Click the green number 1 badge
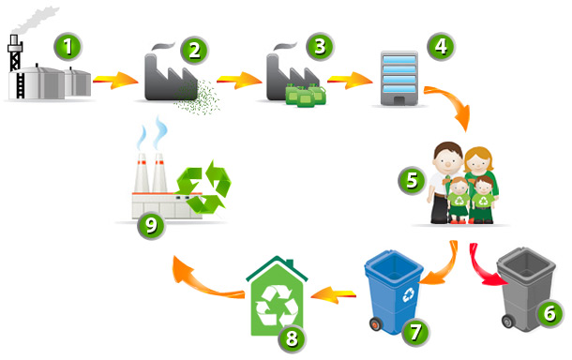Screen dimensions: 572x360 click(68, 47)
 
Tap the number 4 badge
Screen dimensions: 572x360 click(441, 46)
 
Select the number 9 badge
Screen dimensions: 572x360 click(151, 225)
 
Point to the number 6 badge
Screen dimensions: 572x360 click(549, 313)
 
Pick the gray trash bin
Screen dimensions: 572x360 click(525, 288)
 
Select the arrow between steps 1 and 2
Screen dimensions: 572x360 click(116, 80)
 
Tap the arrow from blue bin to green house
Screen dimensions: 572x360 click(333, 294)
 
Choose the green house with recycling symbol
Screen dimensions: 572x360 click(278, 296)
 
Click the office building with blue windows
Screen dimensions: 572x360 click(399, 79)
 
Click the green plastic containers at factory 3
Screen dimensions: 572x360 click(306, 95)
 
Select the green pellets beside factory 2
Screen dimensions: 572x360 click(198, 97)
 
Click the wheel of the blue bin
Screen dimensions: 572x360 click(376, 324)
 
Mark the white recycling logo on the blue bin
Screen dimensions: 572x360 click(408, 294)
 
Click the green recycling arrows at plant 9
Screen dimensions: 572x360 click(203, 187)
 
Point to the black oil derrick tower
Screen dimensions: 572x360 click(16, 67)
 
